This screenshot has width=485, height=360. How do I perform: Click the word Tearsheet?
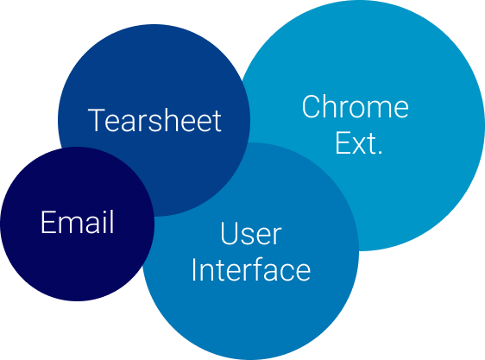[x=154, y=120]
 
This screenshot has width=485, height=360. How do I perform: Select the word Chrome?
[x=356, y=107]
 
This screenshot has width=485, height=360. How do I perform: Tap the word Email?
[x=78, y=222]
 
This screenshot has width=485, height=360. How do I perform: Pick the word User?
[x=251, y=233]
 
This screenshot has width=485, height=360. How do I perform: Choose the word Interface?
[x=251, y=269]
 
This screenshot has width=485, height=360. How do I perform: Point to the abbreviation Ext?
[x=359, y=143]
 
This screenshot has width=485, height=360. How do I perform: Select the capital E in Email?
[x=47, y=222]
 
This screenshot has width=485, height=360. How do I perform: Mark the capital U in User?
[x=229, y=233]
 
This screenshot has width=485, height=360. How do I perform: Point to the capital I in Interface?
[x=194, y=269]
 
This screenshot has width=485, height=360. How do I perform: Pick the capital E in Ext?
[x=343, y=142]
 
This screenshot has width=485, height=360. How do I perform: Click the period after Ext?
[x=380, y=152]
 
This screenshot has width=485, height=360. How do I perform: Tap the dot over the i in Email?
[x=102, y=212]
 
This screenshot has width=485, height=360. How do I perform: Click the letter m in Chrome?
[x=375, y=110]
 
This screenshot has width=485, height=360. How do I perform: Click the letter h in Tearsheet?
[x=168, y=120]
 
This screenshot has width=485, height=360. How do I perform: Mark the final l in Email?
[x=111, y=222]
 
